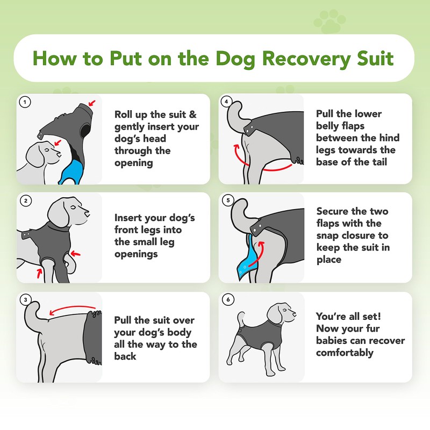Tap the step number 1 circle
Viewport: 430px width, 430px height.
click(x=24, y=101)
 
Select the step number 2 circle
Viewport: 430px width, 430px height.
click(x=24, y=200)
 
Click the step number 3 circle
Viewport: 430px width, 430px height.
click(x=24, y=299)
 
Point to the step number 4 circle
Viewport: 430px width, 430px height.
click(x=226, y=101)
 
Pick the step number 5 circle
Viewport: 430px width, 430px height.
click(x=226, y=200)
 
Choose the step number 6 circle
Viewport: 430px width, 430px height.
click(x=226, y=299)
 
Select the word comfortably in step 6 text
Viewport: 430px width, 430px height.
click(x=345, y=353)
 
